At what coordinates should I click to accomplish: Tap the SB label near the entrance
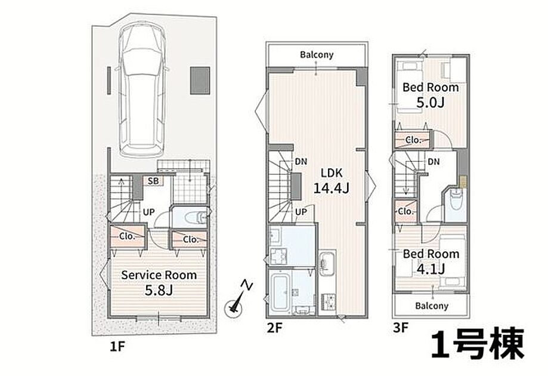tap(153, 181)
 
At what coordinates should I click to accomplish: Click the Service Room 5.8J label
tap(159, 282)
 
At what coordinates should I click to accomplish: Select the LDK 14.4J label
tap(332, 181)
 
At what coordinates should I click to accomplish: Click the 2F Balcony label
tap(317, 54)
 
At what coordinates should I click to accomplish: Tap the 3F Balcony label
tap(432, 306)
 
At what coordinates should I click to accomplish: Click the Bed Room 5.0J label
tap(431, 94)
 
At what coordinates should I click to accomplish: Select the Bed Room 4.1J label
tap(431, 261)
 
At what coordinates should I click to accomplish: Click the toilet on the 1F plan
tap(196, 218)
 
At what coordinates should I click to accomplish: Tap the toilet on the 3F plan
tap(456, 199)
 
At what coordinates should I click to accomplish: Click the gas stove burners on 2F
tap(328, 301)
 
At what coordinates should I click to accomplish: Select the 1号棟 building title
tap(478, 344)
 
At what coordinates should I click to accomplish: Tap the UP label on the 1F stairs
tap(148, 212)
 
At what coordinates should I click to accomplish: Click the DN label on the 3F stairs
tap(434, 162)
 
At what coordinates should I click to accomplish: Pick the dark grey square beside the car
tap(200, 81)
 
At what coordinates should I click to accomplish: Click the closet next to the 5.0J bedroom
tap(413, 140)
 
